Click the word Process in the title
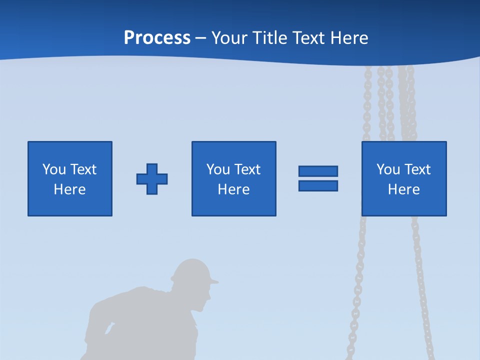[157, 38]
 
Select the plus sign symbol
[152, 178]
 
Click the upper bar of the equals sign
[318, 171]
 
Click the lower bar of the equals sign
[318, 185]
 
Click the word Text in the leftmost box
[83, 169]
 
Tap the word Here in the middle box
[233, 189]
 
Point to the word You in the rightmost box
[388, 169]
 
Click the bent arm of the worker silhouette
[102, 320]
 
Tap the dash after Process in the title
[200, 38]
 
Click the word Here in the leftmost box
[69, 189]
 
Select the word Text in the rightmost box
[417, 169]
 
